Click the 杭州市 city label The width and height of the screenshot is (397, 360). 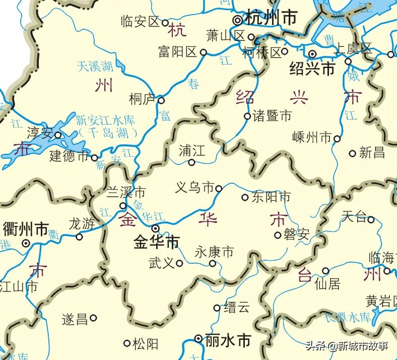pyautogui.click(x=271, y=18)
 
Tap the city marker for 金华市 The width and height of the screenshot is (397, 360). pyautogui.click(x=156, y=228)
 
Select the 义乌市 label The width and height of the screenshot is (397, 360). pyautogui.click(x=194, y=188)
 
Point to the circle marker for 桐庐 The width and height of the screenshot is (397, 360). pyautogui.click(x=161, y=100)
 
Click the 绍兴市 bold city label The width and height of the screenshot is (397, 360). pyautogui.click(x=312, y=69)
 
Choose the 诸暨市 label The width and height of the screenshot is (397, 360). pyautogui.click(x=272, y=116)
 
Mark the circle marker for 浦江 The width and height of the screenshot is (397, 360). pyautogui.click(x=191, y=162)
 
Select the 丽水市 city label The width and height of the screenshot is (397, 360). pyautogui.click(x=228, y=341)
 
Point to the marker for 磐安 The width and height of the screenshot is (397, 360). pyautogui.click(x=278, y=234)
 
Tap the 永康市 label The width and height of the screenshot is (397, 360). pyautogui.click(x=214, y=251)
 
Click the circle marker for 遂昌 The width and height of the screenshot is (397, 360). pyautogui.click(x=93, y=318)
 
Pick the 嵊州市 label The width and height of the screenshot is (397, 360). pyautogui.click(x=312, y=137)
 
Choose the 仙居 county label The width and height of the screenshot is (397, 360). pyautogui.click(x=327, y=284)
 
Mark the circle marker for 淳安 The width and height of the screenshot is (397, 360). pyautogui.click(x=58, y=135)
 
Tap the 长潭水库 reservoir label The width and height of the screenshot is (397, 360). pyautogui.click(x=347, y=317)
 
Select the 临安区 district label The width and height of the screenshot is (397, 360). pyautogui.click(x=141, y=21)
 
